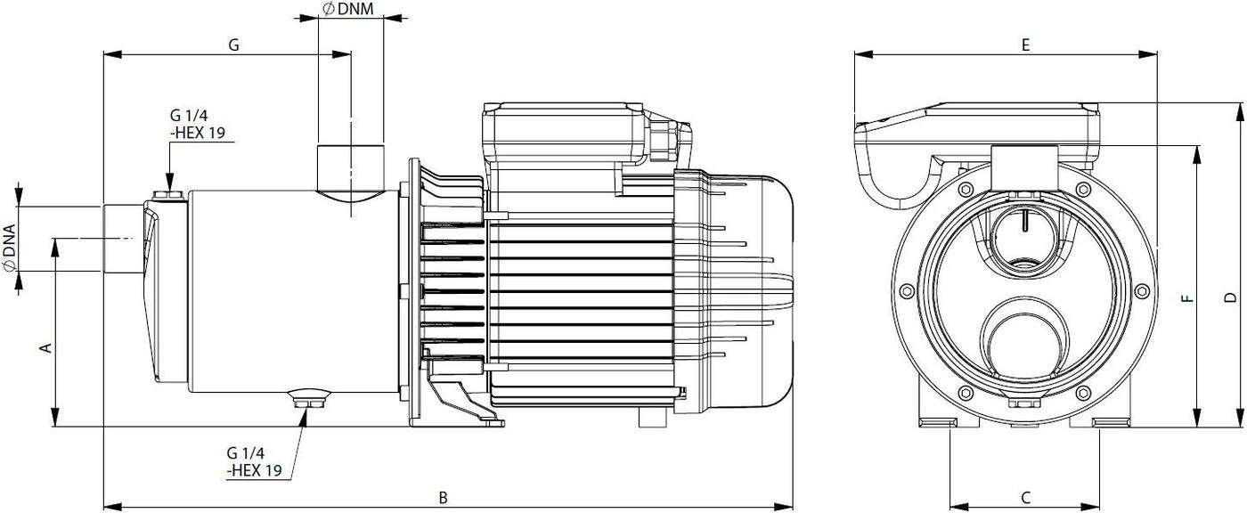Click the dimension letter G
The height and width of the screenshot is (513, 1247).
tap(233, 45)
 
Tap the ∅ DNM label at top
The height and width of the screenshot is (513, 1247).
tap(348, 9)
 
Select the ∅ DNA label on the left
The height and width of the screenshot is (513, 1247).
tap(10, 248)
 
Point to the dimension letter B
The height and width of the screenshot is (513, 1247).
tap(444, 497)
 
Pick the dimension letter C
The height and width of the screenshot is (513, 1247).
tap(1025, 497)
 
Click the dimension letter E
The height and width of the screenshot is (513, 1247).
tap(1025, 45)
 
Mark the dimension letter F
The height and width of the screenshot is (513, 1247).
tap(1187, 298)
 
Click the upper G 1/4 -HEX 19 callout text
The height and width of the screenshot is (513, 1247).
tap(197, 124)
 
